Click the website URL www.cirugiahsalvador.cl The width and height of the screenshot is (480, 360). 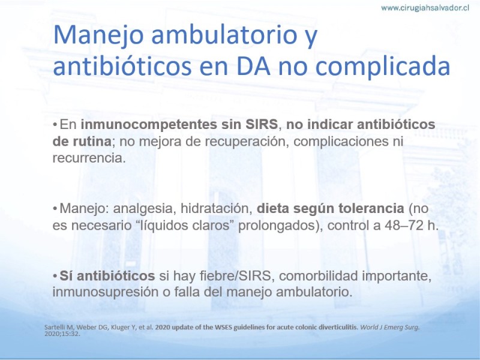425,8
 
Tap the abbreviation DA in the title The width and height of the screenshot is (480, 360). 253,66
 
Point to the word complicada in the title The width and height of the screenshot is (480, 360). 382,67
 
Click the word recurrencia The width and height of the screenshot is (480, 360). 89,158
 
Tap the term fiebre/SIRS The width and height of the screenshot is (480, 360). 235,276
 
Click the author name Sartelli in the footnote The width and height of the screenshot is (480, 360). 53,327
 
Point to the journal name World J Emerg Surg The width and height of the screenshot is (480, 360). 389,327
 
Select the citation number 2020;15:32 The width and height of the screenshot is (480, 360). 62,334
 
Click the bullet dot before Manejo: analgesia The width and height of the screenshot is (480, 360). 55,209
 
